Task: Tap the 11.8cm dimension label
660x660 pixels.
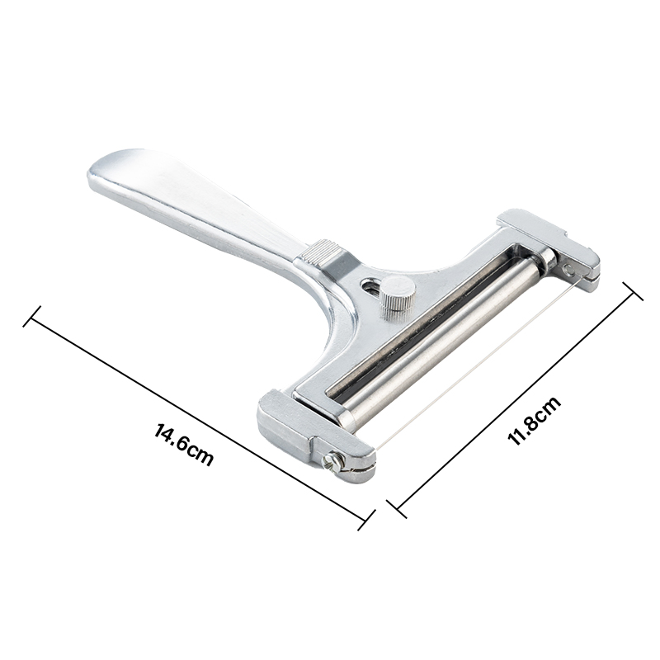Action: (x=534, y=420)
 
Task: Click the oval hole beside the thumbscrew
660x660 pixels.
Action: (x=371, y=287)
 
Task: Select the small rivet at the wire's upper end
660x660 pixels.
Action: (x=569, y=270)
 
